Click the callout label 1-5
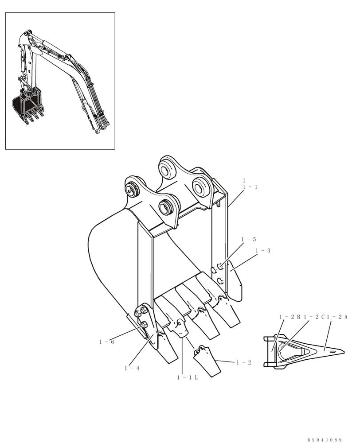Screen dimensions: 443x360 pos(249,240)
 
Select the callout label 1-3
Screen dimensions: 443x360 pos(263,251)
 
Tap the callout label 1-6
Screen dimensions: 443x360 pos(106,342)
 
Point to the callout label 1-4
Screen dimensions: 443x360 pos(132,368)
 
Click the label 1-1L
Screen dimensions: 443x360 pos(187,377)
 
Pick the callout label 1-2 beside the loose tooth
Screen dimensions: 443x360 pos(244,362)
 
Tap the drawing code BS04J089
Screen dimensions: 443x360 pos(325,439)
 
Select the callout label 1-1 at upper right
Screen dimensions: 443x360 pos(250,187)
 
